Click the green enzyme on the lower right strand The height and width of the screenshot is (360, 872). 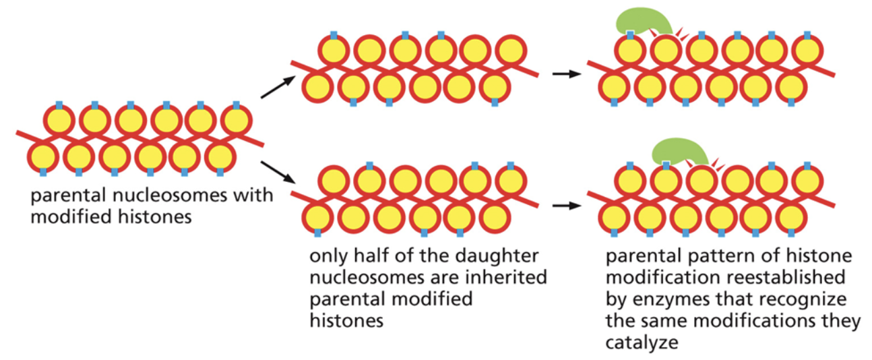(677, 150)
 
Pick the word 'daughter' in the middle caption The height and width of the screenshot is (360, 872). (506, 257)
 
